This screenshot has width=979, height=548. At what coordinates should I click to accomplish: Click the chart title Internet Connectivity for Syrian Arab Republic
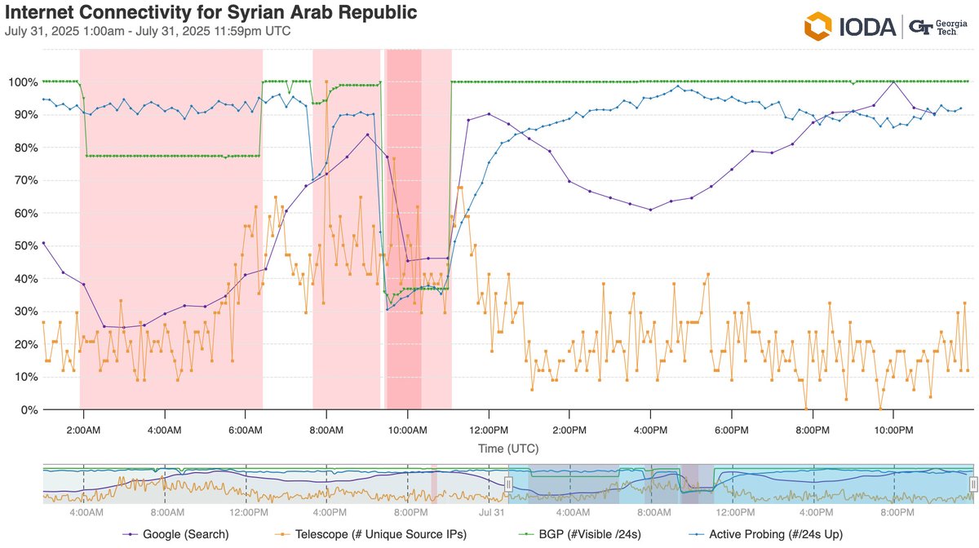211,13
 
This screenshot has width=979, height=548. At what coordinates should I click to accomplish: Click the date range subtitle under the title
148,32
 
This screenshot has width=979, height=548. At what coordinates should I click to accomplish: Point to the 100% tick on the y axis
23,82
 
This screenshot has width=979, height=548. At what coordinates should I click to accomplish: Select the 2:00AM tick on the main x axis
83,428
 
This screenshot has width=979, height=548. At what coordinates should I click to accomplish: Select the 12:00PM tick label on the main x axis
488,428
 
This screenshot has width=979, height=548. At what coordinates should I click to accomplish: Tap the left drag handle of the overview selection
507,484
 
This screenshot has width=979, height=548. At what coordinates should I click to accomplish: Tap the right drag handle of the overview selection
972,484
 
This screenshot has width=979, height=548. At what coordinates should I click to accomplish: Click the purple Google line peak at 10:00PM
893,82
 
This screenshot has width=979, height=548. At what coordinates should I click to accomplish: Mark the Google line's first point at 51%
43,242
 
